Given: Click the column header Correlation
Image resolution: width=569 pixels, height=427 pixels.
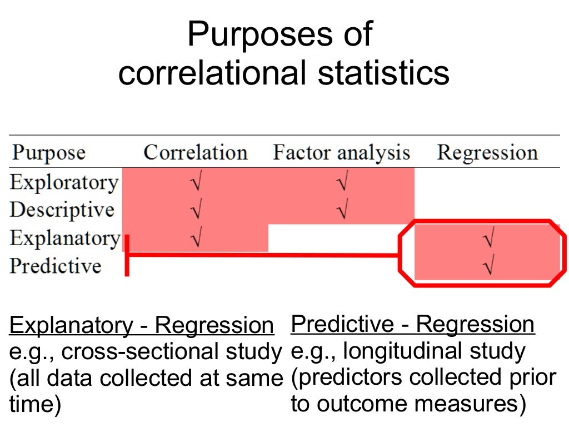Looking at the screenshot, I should point(195,152).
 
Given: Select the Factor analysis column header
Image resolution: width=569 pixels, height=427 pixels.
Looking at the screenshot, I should point(341,152).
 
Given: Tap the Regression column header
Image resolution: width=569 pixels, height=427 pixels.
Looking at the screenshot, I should point(487,152).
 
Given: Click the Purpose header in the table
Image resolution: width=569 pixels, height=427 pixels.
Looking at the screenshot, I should point(49,152).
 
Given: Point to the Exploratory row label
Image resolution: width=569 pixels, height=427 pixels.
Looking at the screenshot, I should point(64,182).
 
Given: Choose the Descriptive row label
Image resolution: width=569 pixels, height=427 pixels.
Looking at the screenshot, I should point(62,210).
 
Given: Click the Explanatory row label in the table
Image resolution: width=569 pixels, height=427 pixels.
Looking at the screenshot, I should point(65,238).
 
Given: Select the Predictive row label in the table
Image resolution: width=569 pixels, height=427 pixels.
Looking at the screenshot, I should point(56,266).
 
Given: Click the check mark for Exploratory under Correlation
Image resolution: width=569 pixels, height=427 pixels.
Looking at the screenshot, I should point(195,182).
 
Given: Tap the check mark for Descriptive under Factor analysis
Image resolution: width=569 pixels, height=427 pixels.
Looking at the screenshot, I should point(342,210).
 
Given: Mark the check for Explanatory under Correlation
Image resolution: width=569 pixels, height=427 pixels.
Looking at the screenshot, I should point(195,239).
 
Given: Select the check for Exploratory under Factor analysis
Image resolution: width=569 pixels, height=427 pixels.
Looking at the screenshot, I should point(342,182).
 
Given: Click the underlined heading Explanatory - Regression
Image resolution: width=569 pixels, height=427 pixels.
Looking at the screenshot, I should point(142,325).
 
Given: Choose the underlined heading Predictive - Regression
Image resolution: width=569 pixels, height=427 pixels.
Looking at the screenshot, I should point(412,324).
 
